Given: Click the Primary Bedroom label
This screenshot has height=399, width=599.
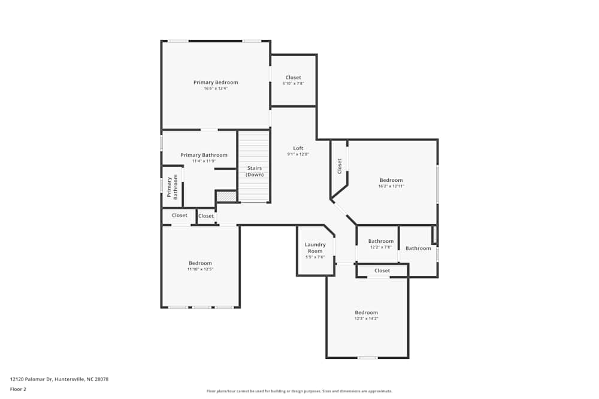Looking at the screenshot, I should point(216,83).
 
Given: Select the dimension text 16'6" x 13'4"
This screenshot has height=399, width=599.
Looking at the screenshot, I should point(216,89).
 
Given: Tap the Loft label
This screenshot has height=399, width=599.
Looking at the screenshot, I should point(298,148).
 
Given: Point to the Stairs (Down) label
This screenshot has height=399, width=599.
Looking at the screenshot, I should point(255,171).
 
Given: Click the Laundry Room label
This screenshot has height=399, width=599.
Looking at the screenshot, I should point(315,248).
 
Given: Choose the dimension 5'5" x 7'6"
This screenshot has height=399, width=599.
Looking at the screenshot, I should point(315,257).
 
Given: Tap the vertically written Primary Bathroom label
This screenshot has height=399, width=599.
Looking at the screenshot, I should point(172,187).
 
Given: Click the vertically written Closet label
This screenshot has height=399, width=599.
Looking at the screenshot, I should point(340,165).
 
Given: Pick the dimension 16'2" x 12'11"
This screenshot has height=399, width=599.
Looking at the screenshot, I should point(391,186).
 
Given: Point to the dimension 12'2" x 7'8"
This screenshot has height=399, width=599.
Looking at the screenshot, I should point(381,247).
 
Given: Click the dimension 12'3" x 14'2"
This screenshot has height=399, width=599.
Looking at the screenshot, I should point(366,318).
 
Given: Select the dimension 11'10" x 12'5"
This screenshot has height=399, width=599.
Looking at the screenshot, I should point(200,269).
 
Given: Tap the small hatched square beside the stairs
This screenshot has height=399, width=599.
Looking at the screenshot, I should point(226,196).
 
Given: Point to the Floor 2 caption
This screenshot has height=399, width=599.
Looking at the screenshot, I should point(18,389).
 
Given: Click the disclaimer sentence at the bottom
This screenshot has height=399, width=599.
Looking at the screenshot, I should point(300,391).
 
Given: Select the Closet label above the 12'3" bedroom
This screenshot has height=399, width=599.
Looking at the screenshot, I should point(382,270).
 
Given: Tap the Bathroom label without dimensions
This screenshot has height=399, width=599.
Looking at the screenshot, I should point(418,248).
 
